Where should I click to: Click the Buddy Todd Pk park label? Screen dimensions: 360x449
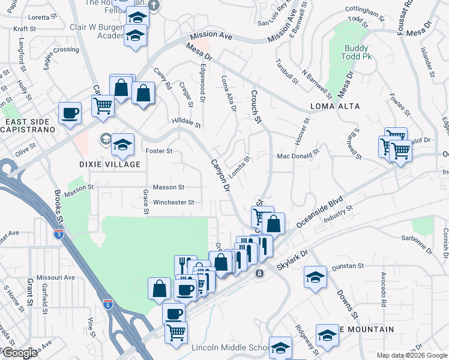[x=358, y=55]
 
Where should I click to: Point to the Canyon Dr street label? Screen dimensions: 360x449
[x=220, y=175]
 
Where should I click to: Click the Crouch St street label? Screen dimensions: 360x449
[x=257, y=107]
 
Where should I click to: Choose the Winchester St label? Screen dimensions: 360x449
[x=173, y=202]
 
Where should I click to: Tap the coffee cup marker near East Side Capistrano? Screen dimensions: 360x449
[x=70, y=113]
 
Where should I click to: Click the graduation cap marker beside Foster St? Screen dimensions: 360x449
[x=122, y=144]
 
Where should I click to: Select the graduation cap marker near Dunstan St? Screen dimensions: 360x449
[x=315, y=278]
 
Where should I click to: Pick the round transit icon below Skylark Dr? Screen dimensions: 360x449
[x=259, y=274]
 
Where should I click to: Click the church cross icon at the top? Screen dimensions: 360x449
[x=153, y=5]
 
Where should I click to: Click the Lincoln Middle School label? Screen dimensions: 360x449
[x=231, y=348]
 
